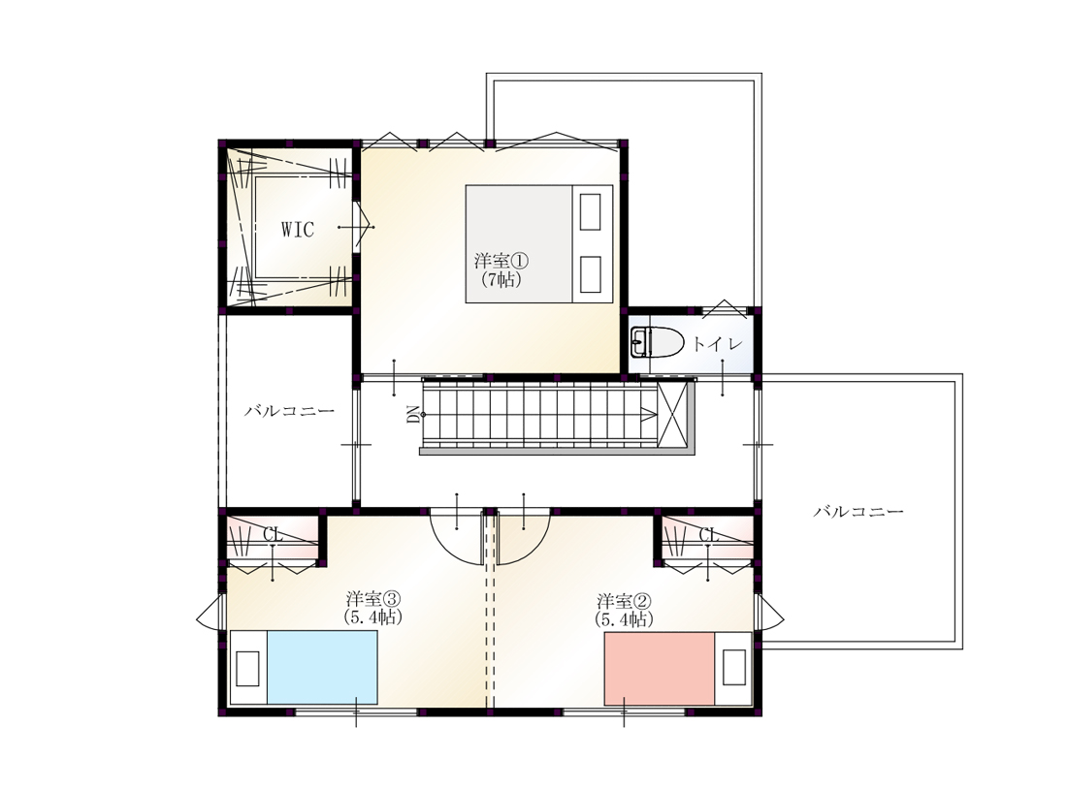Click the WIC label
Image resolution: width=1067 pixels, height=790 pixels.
[x=298, y=229]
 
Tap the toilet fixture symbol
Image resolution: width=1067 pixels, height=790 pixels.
[x=657, y=342]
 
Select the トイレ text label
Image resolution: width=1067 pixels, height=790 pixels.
[x=717, y=344]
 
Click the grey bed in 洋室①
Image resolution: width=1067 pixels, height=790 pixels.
[x=539, y=243]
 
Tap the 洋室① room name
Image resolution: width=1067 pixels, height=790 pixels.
[x=501, y=261]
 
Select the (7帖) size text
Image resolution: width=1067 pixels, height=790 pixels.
[x=501, y=279]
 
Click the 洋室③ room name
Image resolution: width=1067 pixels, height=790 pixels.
[x=373, y=599]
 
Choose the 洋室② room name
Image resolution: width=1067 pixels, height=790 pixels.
[x=624, y=601]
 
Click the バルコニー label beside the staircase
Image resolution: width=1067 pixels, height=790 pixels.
[x=290, y=411]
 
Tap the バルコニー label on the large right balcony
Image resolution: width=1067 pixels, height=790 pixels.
[x=858, y=511]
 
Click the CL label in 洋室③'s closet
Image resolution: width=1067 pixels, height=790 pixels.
[x=273, y=534]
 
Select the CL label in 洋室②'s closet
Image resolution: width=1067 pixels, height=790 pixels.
[x=708, y=534]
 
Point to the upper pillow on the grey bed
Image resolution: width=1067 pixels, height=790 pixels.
[x=590, y=211]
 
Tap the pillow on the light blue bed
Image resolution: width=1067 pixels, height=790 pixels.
[x=247, y=668]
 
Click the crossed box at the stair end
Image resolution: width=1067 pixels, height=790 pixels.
[x=672, y=414]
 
